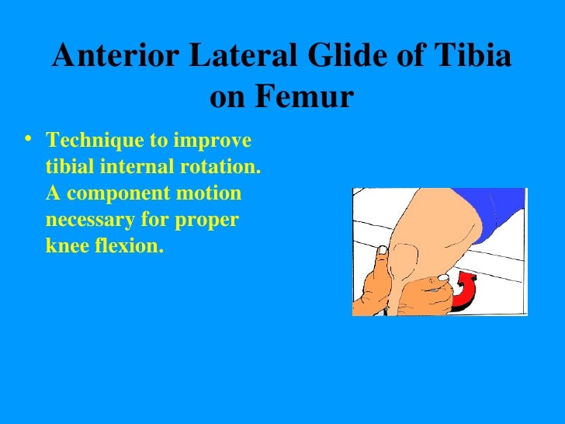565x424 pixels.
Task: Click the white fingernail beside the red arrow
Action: tap(442, 276)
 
